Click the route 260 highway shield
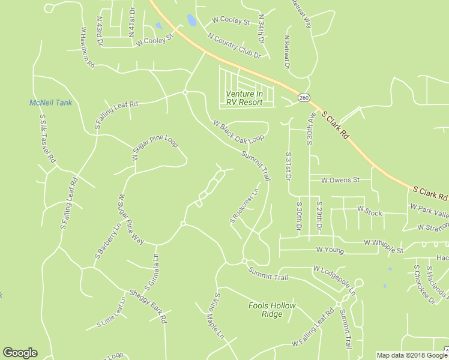(x=304, y=97)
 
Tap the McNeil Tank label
(x=50, y=103)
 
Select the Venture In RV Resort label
(x=244, y=98)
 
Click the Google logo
(x=20, y=353)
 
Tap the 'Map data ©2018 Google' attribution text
(x=412, y=355)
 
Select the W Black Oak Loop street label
(x=238, y=131)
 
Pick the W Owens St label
(x=340, y=179)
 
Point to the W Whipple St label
(x=383, y=242)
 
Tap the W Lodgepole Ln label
(x=334, y=280)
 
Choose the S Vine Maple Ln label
(x=214, y=315)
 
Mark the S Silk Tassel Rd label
(x=47, y=139)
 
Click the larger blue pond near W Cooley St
(x=191, y=20)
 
